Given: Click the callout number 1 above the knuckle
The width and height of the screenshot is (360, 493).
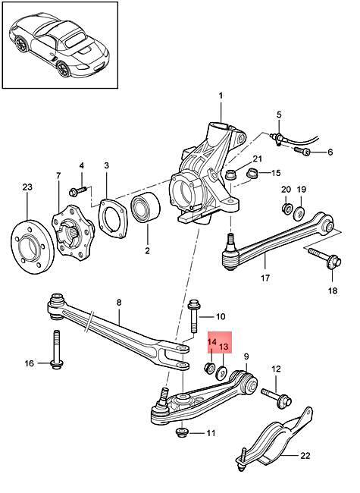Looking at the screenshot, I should pyautogui.click(x=221, y=96).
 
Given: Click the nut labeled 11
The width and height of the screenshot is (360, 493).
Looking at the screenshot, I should pyautogui.click(x=183, y=434).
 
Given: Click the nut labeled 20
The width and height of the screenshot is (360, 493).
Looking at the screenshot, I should pyautogui.click(x=286, y=209).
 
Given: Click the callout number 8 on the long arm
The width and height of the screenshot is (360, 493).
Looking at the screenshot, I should pyautogui.click(x=118, y=303).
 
